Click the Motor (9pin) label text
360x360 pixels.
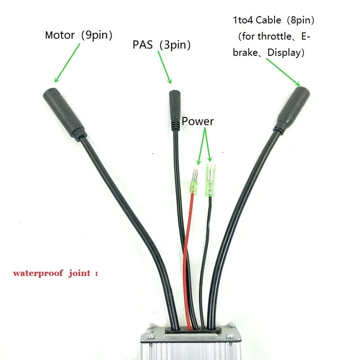coord(78,35)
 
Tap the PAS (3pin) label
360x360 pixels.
coord(161,45)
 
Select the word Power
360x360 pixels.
coord(198,121)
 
